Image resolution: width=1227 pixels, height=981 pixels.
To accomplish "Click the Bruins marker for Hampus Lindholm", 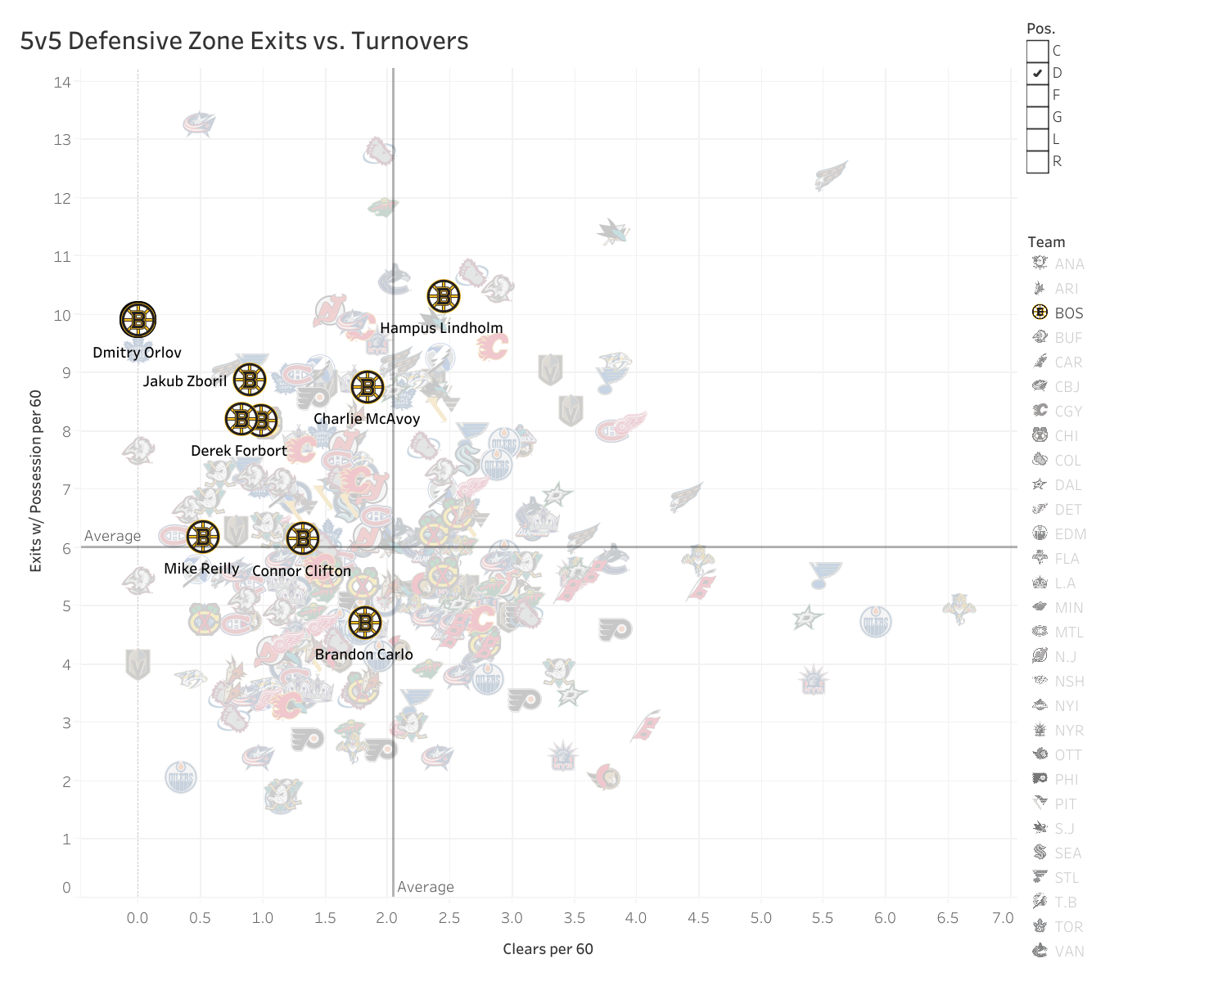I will (444, 296).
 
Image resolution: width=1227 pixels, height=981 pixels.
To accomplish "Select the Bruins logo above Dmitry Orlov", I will (138, 319).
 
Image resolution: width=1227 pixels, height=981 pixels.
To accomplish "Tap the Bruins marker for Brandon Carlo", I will (365, 623).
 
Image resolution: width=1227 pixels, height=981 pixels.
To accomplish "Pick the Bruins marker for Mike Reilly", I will (203, 537).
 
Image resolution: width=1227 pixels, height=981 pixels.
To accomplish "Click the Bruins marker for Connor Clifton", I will (302, 538).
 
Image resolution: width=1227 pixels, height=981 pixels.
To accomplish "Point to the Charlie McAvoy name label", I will (366, 419).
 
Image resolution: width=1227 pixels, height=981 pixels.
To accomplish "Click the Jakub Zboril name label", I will (185, 381).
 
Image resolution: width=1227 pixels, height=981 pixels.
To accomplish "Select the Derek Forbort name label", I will (238, 451).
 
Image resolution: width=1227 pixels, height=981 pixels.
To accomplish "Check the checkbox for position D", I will (1037, 73).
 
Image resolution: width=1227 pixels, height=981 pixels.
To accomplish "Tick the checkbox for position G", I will (1037, 117).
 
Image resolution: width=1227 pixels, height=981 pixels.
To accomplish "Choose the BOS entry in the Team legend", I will (1068, 313).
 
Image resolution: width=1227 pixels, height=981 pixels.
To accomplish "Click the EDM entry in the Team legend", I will (1070, 534).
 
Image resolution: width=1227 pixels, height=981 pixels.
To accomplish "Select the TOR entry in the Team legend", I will (1068, 927).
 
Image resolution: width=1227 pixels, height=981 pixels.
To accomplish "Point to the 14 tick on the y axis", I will (62, 82).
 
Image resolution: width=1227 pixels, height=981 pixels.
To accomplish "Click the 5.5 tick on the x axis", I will (823, 918).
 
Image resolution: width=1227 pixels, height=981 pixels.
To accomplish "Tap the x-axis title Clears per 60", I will (548, 949).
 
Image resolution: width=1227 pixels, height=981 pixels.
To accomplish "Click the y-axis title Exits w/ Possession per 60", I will (36, 480).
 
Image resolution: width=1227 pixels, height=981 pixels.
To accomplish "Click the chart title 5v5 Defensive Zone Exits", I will (244, 41).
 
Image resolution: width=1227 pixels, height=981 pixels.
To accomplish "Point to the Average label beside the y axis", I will (112, 536).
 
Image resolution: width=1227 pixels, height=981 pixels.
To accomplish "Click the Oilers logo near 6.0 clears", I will (876, 622).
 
